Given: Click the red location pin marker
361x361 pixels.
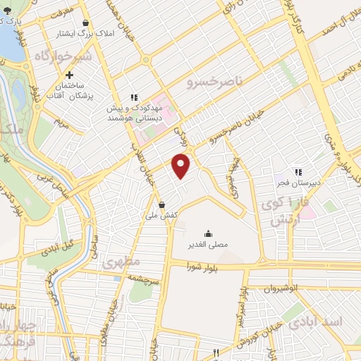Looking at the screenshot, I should [x=182, y=165].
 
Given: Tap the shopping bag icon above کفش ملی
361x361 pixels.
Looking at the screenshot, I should [x=162, y=205].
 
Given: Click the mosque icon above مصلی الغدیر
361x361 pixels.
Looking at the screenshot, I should [x=208, y=234].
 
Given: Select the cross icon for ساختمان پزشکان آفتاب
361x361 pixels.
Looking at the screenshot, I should [x=69, y=75].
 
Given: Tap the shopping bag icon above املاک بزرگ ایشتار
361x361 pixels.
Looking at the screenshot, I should [x=85, y=23].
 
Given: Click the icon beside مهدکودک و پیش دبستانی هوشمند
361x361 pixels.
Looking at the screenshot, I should [x=133, y=98].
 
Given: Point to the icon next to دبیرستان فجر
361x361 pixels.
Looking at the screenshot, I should [x=298, y=171].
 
